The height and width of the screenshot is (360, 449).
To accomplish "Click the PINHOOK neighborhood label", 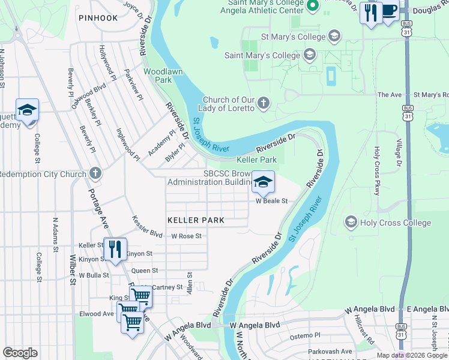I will click(x=98, y=18).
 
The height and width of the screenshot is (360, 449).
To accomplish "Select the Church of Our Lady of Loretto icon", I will click(x=263, y=104).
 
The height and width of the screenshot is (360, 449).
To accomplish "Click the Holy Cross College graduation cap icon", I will click(x=351, y=223).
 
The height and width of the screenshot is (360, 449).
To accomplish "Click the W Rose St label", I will click(x=185, y=236).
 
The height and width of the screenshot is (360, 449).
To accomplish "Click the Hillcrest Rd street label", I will click(x=364, y=329).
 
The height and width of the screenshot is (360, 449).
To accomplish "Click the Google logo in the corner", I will click(x=20, y=353).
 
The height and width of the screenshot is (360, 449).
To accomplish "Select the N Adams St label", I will click(x=56, y=234).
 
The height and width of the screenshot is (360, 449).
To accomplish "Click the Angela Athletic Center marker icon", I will click(x=312, y=7).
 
